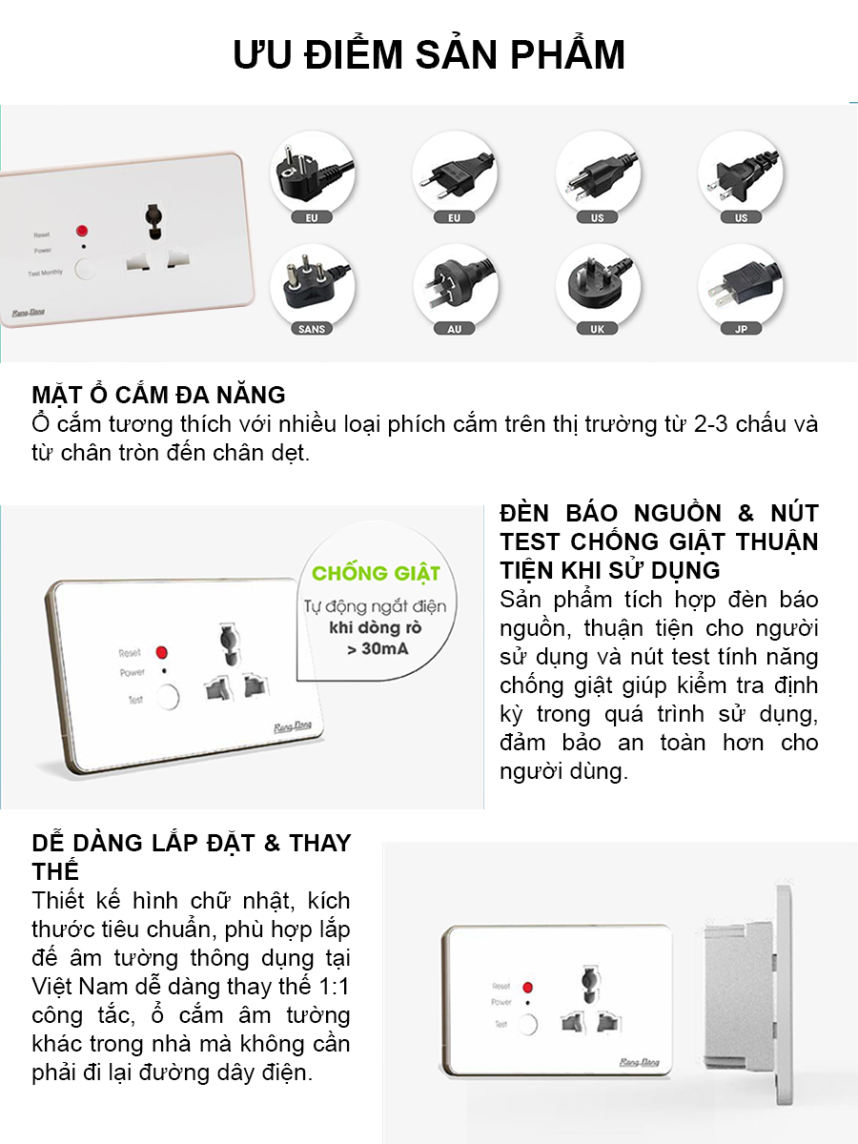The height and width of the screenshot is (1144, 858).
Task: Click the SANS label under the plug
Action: click(312, 329)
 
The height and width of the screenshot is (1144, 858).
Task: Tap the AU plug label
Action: click(454, 329)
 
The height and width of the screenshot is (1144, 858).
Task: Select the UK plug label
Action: click(597, 329)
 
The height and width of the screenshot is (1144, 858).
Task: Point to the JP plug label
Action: click(740, 329)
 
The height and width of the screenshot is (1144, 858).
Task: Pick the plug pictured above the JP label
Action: click(740, 283)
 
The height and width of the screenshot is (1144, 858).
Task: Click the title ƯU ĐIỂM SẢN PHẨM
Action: click(429, 55)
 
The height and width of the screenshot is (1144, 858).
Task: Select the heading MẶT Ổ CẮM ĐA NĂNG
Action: click(158, 395)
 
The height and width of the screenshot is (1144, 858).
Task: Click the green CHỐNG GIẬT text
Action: click(377, 573)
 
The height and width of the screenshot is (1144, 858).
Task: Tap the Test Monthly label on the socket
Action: click(45, 273)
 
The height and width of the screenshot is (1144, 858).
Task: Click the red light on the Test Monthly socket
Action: click(81, 231)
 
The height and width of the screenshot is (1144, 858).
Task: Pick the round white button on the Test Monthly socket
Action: click(85, 268)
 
